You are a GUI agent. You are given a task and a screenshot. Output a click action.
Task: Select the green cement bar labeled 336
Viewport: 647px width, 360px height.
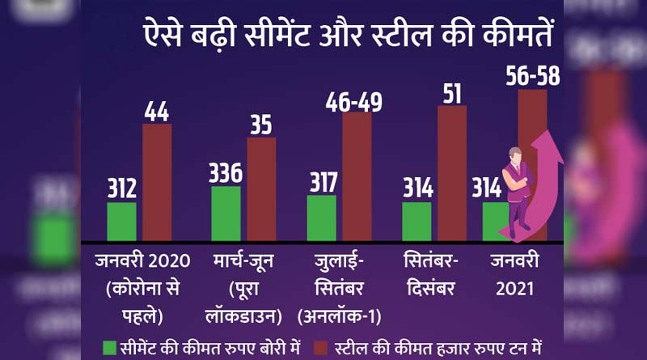[x=226, y=214]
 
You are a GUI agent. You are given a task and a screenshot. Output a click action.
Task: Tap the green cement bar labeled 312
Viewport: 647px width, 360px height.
[x=122, y=222]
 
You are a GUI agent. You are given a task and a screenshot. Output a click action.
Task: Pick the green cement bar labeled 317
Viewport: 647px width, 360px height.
[x=321, y=218]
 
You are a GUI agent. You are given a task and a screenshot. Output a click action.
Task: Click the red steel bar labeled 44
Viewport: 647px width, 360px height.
[x=157, y=182]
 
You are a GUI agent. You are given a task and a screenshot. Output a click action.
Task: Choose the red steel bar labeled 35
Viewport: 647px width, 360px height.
[x=261, y=189]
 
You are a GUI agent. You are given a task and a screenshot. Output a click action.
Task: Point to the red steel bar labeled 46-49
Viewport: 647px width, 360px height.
[x=357, y=176]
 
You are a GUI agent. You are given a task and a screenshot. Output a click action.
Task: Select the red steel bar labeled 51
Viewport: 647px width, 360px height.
[x=452, y=173]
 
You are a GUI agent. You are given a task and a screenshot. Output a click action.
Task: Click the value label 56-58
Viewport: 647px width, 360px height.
[x=531, y=77]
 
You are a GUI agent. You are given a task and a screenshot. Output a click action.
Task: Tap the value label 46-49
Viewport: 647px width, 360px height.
[x=354, y=101]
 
